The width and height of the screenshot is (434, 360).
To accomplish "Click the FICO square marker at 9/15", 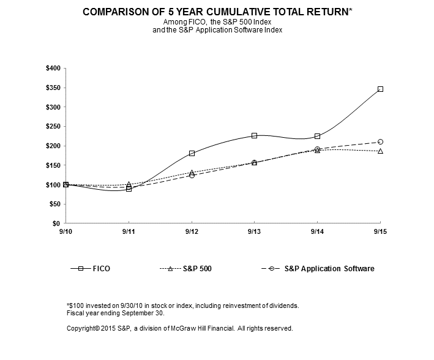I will (x=380, y=89).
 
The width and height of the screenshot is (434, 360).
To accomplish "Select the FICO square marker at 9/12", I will (x=192, y=153).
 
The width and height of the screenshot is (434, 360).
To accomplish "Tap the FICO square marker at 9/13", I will (x=255, y=135).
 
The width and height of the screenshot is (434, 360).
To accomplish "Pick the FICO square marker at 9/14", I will (x=317, y=136).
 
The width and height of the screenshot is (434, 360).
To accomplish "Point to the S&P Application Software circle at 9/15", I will (x=380, y=141).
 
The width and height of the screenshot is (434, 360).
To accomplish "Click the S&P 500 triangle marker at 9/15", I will (x=380, y=151).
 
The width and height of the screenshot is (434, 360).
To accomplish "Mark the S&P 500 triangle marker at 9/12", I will (x=192, y=173).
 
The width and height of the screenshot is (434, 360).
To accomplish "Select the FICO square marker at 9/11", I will (x=129, y=189).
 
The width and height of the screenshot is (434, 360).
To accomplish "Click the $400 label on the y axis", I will (x=52, y=68).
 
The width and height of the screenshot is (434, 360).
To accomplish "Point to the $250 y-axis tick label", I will (x=52, y=126).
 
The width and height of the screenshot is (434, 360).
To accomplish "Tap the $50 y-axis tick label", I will (x=54, y=204).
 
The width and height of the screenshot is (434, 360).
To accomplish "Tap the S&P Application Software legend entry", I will (x=329, y=268).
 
